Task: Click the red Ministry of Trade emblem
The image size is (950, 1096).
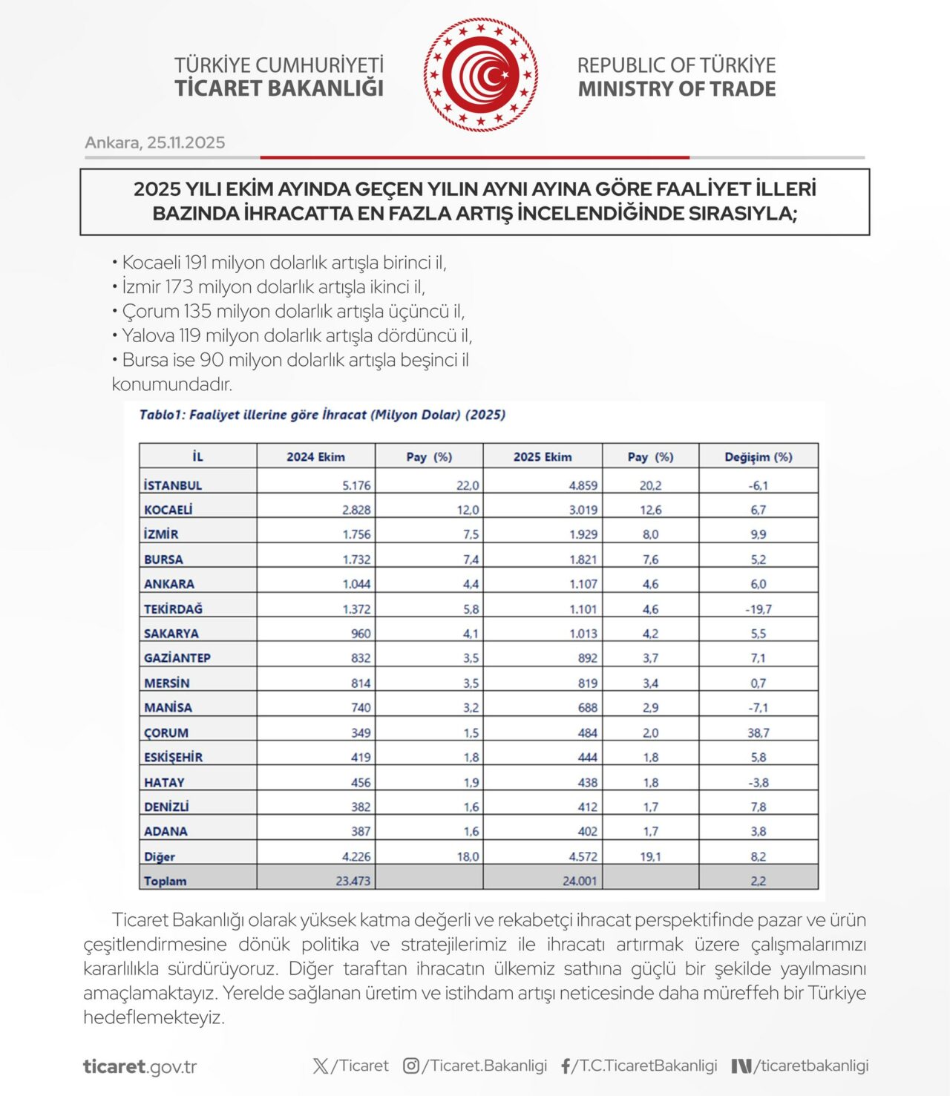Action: pos(481,75)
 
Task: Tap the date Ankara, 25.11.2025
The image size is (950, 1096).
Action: pos(154,142)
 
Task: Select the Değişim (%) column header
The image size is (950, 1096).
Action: pos(758,457)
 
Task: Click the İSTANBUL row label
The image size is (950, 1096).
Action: pos(173,485)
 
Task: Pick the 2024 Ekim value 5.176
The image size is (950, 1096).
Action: pos(356,485)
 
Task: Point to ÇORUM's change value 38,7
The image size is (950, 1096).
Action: pos(758,733)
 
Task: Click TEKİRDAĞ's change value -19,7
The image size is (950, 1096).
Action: pos(758,609)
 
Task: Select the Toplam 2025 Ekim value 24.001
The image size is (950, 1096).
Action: pos(580,882)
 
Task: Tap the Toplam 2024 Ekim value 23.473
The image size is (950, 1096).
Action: pos(353,882)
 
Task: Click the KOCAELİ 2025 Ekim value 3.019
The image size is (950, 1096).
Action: pos(583,511)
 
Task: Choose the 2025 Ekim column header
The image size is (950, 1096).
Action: pos(543,457)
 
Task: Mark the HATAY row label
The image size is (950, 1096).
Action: pos(164,783)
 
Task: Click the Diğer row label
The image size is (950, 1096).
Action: pos(160,857)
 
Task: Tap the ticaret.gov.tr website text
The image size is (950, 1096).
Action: pos(140,1067)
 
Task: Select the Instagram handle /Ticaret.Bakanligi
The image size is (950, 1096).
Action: pos(484,1066)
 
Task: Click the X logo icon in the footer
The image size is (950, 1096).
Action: pos(321,1066)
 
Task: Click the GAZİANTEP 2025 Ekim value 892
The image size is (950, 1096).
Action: pos(587,658)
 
